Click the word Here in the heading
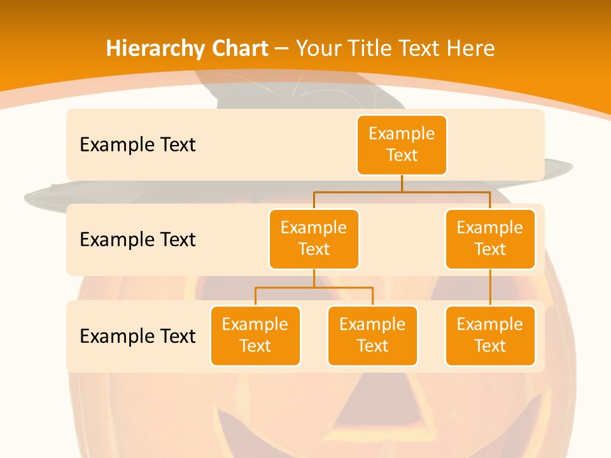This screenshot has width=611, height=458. click(x=470, y=49)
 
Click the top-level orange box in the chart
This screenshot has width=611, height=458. click(x=402, y=145)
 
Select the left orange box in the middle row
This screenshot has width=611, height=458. click(x=314, y=239)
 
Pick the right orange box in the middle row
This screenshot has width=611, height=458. click(x=490, y=239)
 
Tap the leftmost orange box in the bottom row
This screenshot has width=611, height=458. click(x=255, y=336)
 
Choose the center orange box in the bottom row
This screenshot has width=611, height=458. click(x=372, y=336)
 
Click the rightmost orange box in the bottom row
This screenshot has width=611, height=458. click(x=490, y=336)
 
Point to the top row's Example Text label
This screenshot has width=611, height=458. click(x=137, y=145)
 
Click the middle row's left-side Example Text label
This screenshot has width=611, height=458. click(x=137, y=240)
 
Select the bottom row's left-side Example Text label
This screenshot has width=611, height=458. click(x=137, y=336)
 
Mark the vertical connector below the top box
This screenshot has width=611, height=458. click(x=402, y=183)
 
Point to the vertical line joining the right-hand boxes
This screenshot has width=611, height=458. click(x=490, y=288)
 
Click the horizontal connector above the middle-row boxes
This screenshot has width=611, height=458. click(x=402, y=191)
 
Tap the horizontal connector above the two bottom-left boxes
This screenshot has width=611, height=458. click(x=314, y=288)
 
